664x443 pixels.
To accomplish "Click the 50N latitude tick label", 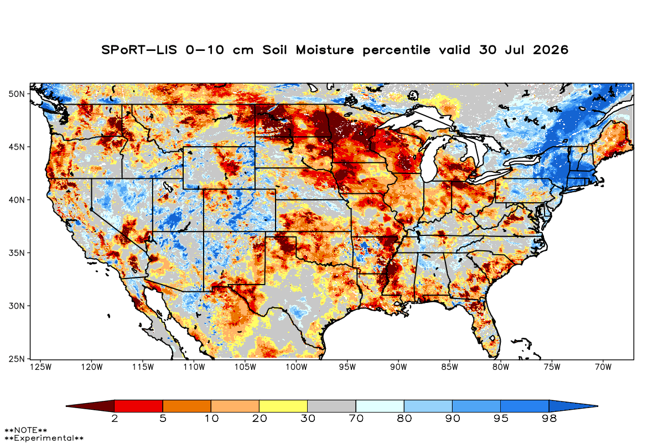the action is coord(17,94).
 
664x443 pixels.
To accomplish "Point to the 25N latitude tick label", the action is coord(17,359).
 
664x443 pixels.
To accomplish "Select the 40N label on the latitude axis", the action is coord(17,200).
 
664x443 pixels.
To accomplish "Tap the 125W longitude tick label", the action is coord(41,367).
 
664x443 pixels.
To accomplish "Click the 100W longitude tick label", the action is coord(297,367).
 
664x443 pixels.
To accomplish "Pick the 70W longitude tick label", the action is coord(603,367).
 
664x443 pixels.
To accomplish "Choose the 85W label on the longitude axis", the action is coord(450,367).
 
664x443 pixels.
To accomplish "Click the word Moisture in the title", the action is coord(325,50).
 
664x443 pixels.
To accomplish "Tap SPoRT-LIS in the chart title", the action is coord(139,50).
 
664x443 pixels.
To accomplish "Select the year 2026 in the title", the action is coord(551,50).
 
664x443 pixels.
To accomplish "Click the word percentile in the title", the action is coord(396,50).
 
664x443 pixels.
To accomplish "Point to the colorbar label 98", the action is coord(549,419).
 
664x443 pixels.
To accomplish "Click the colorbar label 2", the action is coord(115,419).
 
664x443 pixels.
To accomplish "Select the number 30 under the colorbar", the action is coord(308,419).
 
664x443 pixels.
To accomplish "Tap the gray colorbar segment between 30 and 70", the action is coord(331,406).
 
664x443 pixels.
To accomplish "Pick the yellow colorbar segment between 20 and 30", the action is coord(283,406).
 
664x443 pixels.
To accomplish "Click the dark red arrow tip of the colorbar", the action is coord(66,406).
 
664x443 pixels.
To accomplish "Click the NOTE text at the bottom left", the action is coord(26,430).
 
